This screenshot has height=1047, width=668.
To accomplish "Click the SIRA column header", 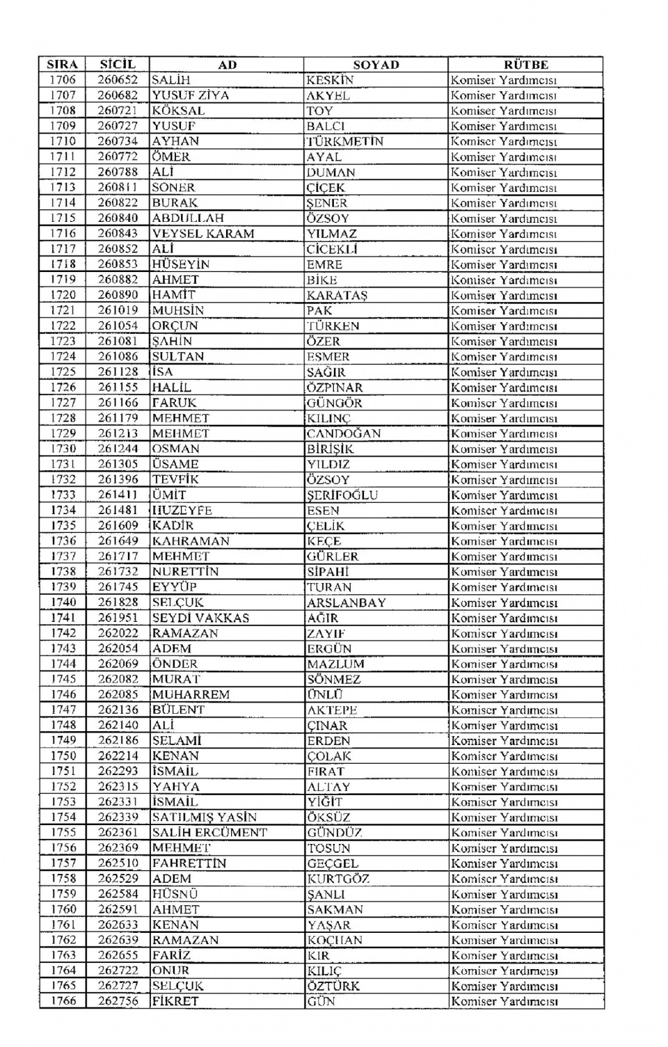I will coord(63,65).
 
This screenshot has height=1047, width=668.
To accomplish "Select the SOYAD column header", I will coord(376,65).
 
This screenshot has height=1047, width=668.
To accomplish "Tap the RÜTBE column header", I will coord(525,65).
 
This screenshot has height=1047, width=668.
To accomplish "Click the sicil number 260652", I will coord(118,80).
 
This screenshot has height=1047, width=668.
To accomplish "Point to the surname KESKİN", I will coord(330,80).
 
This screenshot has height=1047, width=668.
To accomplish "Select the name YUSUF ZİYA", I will coord(190,95).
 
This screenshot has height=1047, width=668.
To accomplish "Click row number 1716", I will coord(63,234).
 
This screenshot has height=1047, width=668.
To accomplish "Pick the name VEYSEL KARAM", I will coord(203,234).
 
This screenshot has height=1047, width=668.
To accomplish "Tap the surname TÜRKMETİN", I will coord(345,141).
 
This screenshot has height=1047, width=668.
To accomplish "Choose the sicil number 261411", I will coord(118,495).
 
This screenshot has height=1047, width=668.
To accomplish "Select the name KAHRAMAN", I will coord(190,541).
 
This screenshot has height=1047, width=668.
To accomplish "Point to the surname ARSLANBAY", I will coord(347,602).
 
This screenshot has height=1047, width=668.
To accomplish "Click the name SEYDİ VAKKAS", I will coord(200,618).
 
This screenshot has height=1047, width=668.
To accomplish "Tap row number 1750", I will coord(63,756).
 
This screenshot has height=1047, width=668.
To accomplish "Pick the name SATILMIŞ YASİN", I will coord(204,817).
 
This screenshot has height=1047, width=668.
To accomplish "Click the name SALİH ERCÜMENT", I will coord(209,833).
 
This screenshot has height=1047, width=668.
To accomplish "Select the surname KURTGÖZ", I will coord(338,879).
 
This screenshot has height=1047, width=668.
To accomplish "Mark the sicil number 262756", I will coord(118,1001).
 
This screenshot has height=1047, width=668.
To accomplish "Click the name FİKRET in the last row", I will coord(175,1001).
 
